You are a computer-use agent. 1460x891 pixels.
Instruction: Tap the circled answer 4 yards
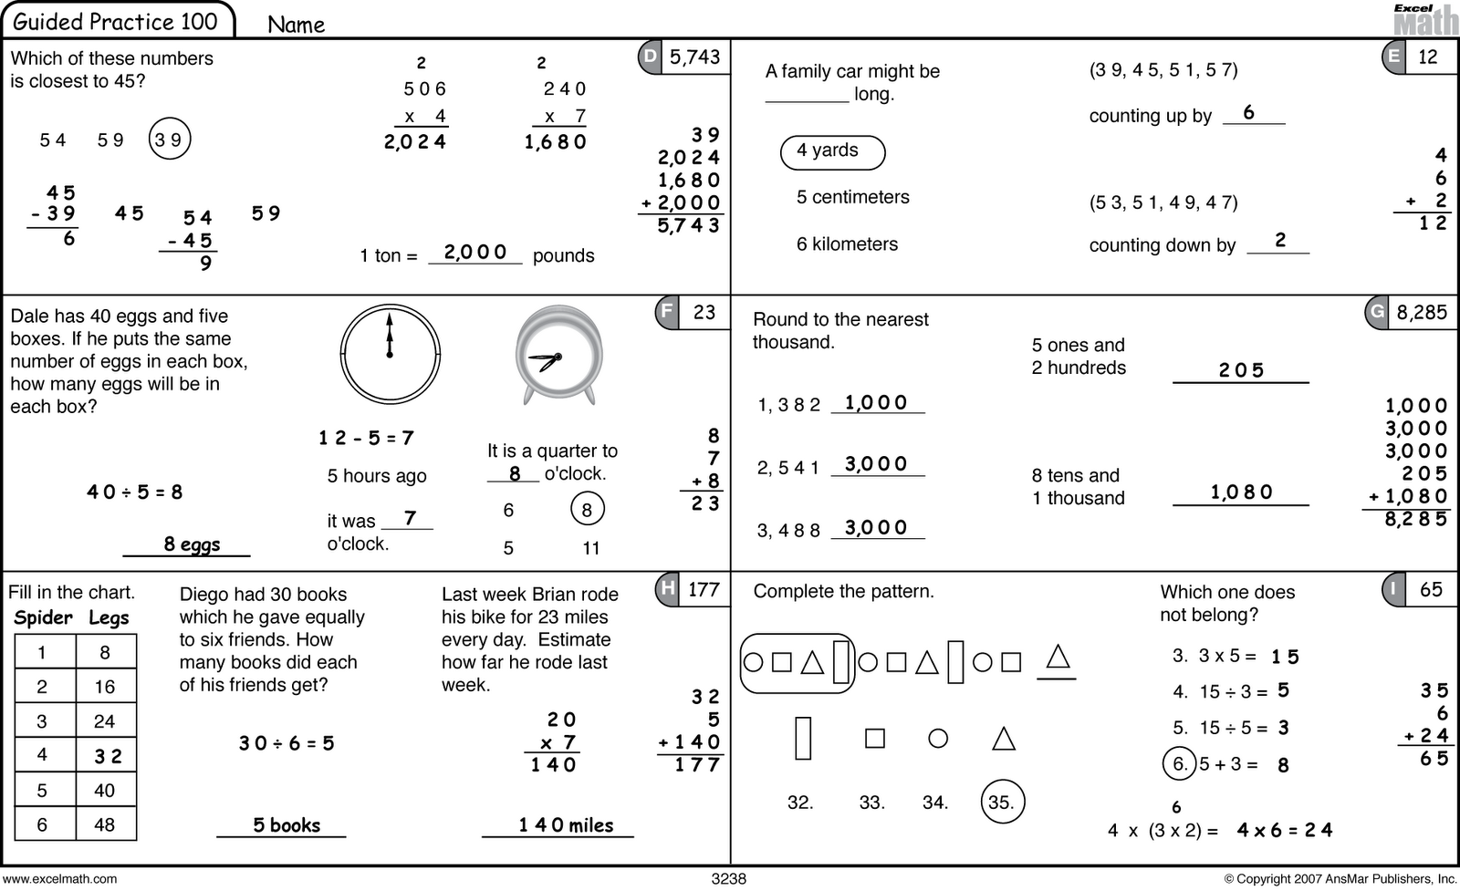click(832, 151)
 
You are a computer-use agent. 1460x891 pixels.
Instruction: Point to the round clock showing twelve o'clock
click(390, 353)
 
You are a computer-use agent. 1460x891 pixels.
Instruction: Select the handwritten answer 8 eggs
click(192, 544)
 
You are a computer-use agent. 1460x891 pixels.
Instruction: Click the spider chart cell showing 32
click(108, 756)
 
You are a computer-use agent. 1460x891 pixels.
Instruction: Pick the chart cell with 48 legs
click(104, 824)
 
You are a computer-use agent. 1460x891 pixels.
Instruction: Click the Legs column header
click(109, 617)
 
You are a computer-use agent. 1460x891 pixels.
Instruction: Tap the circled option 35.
click(1001, 803)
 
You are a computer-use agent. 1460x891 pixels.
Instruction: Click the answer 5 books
click(287, 825)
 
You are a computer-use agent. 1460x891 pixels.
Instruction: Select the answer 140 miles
click(566, 825)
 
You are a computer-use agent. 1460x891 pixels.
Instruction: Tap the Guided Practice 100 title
click(116, 21)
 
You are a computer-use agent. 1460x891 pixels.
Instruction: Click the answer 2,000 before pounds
click(474, 253)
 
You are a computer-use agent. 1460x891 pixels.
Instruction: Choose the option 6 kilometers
click(847, 244)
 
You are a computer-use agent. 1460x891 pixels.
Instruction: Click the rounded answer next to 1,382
click(875, 403)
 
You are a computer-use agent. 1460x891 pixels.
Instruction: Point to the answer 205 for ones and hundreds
click(1241, 370)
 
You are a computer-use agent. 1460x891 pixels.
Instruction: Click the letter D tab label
click(650, 57)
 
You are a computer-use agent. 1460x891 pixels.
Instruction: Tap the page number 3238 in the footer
click(728, 879)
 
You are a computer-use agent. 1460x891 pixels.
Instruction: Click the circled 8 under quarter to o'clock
click(587, 510)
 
